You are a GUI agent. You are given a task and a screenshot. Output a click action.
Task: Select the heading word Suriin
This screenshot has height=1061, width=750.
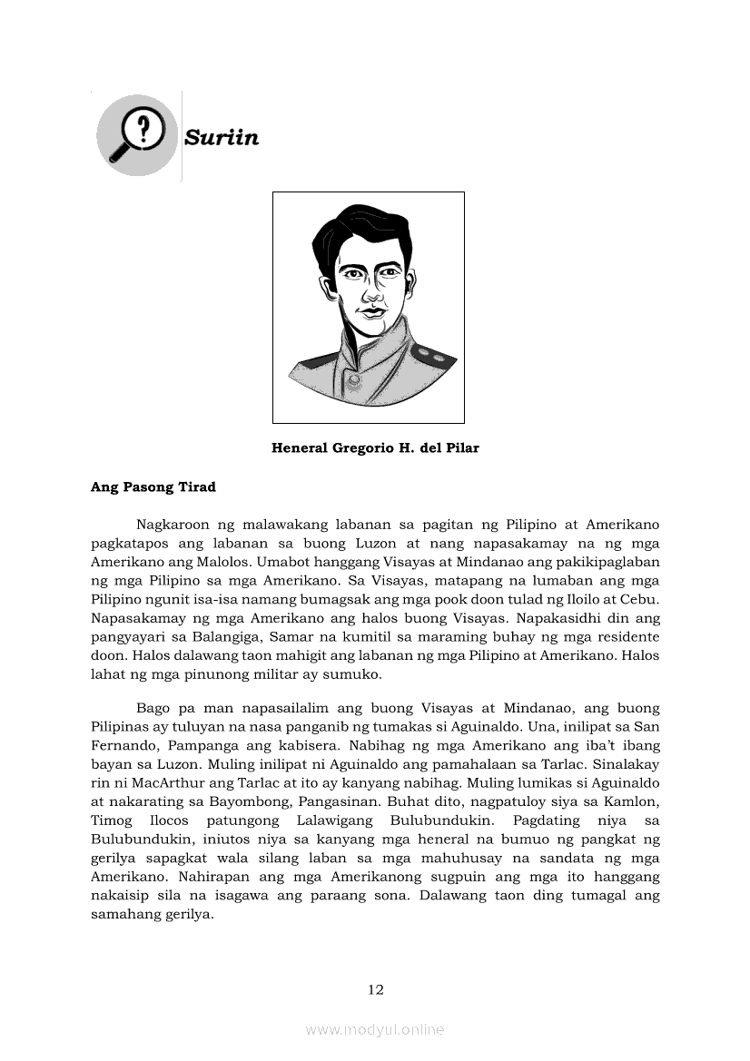coord(222,138)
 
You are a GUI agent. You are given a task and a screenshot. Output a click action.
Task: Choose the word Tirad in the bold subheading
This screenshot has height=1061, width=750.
coord(198,487)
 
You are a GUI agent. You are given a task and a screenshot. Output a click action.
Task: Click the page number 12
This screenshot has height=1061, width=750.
coord(376,989)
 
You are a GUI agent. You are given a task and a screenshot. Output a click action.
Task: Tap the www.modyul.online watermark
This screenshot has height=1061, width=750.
coord(375,1029)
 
